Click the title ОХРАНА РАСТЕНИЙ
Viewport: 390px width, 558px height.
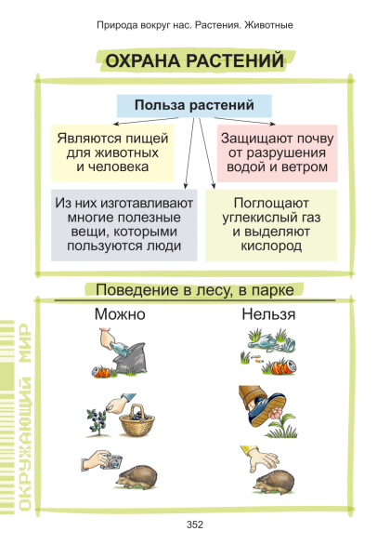(x=195, y=60)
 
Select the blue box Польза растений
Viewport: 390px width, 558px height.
(x=194, y=106)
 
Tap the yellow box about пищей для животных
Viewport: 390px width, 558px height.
(x=112, y=153)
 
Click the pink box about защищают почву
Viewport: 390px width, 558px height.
(x=277, y=153)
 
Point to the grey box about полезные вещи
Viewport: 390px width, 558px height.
(x=123, y=225)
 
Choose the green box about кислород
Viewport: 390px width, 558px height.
(x=271, y=225)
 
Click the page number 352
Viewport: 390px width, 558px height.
(x=195, y=525)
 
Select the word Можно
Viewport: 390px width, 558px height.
(x=120, y=314)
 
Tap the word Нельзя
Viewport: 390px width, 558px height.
(x=268, y=314)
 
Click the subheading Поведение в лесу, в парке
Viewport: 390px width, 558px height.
(x=195, y=290)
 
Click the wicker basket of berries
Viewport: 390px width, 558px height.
(x=136, y=420)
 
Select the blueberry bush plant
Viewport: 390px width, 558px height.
(x=97, y=422)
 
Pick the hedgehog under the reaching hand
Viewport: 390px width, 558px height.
(x=274, y=482)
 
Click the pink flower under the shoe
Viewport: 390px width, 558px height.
(x=275, y=414)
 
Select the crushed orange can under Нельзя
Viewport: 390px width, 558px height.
(x=284, y=366)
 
